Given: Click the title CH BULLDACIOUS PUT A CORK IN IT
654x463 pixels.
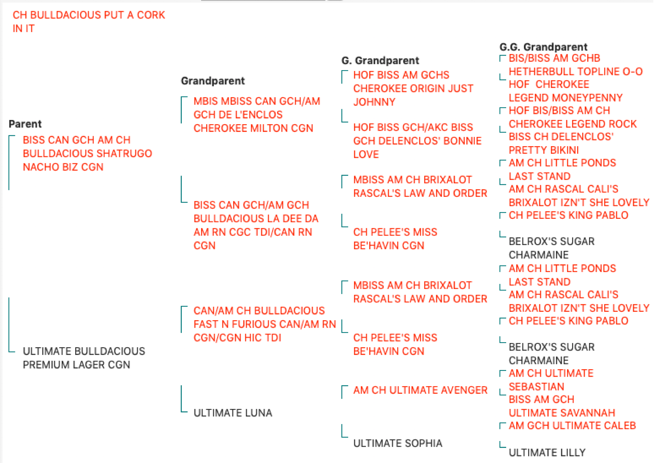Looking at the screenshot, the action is pyautogui.click(x=89, y=22).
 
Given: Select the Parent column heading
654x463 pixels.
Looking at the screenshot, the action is pyautogui.click(x=25, y=124).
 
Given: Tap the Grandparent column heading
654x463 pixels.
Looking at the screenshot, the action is pyautogui.click(x=213, y=81).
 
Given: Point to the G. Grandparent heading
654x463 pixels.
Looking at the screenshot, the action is pyautogui.click(x=380, y=61).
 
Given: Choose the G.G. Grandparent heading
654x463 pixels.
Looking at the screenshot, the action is pyautogui.click(x=543, y=47).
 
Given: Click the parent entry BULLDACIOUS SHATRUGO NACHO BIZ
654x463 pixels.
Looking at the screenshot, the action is pyautogui.click(x=87, y=154).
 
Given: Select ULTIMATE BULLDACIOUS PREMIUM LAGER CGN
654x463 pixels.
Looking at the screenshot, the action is pyautogui.click(x=84, y=358).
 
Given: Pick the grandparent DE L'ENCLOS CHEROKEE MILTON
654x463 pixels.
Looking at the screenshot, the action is pyautogui.click(x=257, y=115).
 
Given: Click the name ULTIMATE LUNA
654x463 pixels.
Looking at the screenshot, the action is pyautogui.click(x=233, y=413).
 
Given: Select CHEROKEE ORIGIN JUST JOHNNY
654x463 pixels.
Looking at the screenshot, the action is pyautogui.click(x=413, y=88).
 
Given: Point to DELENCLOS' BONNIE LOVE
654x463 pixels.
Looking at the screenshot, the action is pyautogui.click(x=417, y=141).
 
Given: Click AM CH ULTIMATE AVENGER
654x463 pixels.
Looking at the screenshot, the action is pyautogui.click(x=420, y=390).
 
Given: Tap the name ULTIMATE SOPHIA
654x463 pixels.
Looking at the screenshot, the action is pyautogui.click(x=398, y=443).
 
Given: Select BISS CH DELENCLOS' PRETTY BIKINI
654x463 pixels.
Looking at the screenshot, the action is pyautogui.click(x=561, y=143).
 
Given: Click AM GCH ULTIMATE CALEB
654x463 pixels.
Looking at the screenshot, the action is pyautogui.click(x=572, y=426).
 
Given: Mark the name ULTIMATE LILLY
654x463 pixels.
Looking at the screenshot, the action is pyautogui.click(x=547, y=453).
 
